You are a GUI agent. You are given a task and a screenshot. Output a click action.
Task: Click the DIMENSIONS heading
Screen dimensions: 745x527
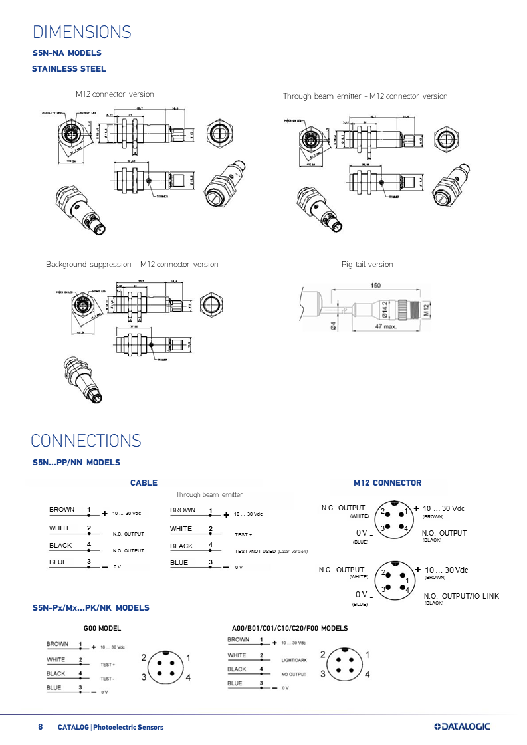[82, 33]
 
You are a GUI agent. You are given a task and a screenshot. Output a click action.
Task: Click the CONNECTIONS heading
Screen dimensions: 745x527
[86, 441]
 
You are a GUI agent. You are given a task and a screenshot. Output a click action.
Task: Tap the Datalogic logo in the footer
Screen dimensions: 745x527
[462, 726]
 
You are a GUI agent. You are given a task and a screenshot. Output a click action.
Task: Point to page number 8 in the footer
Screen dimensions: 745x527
[40, 726]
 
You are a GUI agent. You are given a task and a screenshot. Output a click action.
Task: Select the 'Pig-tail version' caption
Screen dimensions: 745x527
[367, 265]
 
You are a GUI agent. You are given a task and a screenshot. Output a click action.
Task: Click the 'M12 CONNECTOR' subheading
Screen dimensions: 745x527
[387, 483]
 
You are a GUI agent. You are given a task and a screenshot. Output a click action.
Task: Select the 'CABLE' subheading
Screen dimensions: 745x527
[144, 483]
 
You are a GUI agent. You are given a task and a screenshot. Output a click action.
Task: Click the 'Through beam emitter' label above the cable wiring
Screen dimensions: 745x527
[209, 495]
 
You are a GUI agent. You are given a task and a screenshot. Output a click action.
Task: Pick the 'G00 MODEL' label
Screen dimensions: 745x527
[102, 628]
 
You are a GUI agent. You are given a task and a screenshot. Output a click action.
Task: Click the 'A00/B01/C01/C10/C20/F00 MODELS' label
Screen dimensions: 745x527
[289, 628]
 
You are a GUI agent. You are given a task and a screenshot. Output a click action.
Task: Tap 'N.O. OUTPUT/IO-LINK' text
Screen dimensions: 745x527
[461, 596]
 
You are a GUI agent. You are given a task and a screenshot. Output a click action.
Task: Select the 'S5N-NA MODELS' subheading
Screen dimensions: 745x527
[67, 53]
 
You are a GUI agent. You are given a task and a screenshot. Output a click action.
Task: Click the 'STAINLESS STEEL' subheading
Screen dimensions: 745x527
[68, 69]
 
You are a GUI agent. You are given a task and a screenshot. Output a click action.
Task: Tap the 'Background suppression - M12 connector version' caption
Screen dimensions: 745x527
[132, 265]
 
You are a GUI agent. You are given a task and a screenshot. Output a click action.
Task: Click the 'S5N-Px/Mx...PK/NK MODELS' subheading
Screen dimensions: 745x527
[91, 608]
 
